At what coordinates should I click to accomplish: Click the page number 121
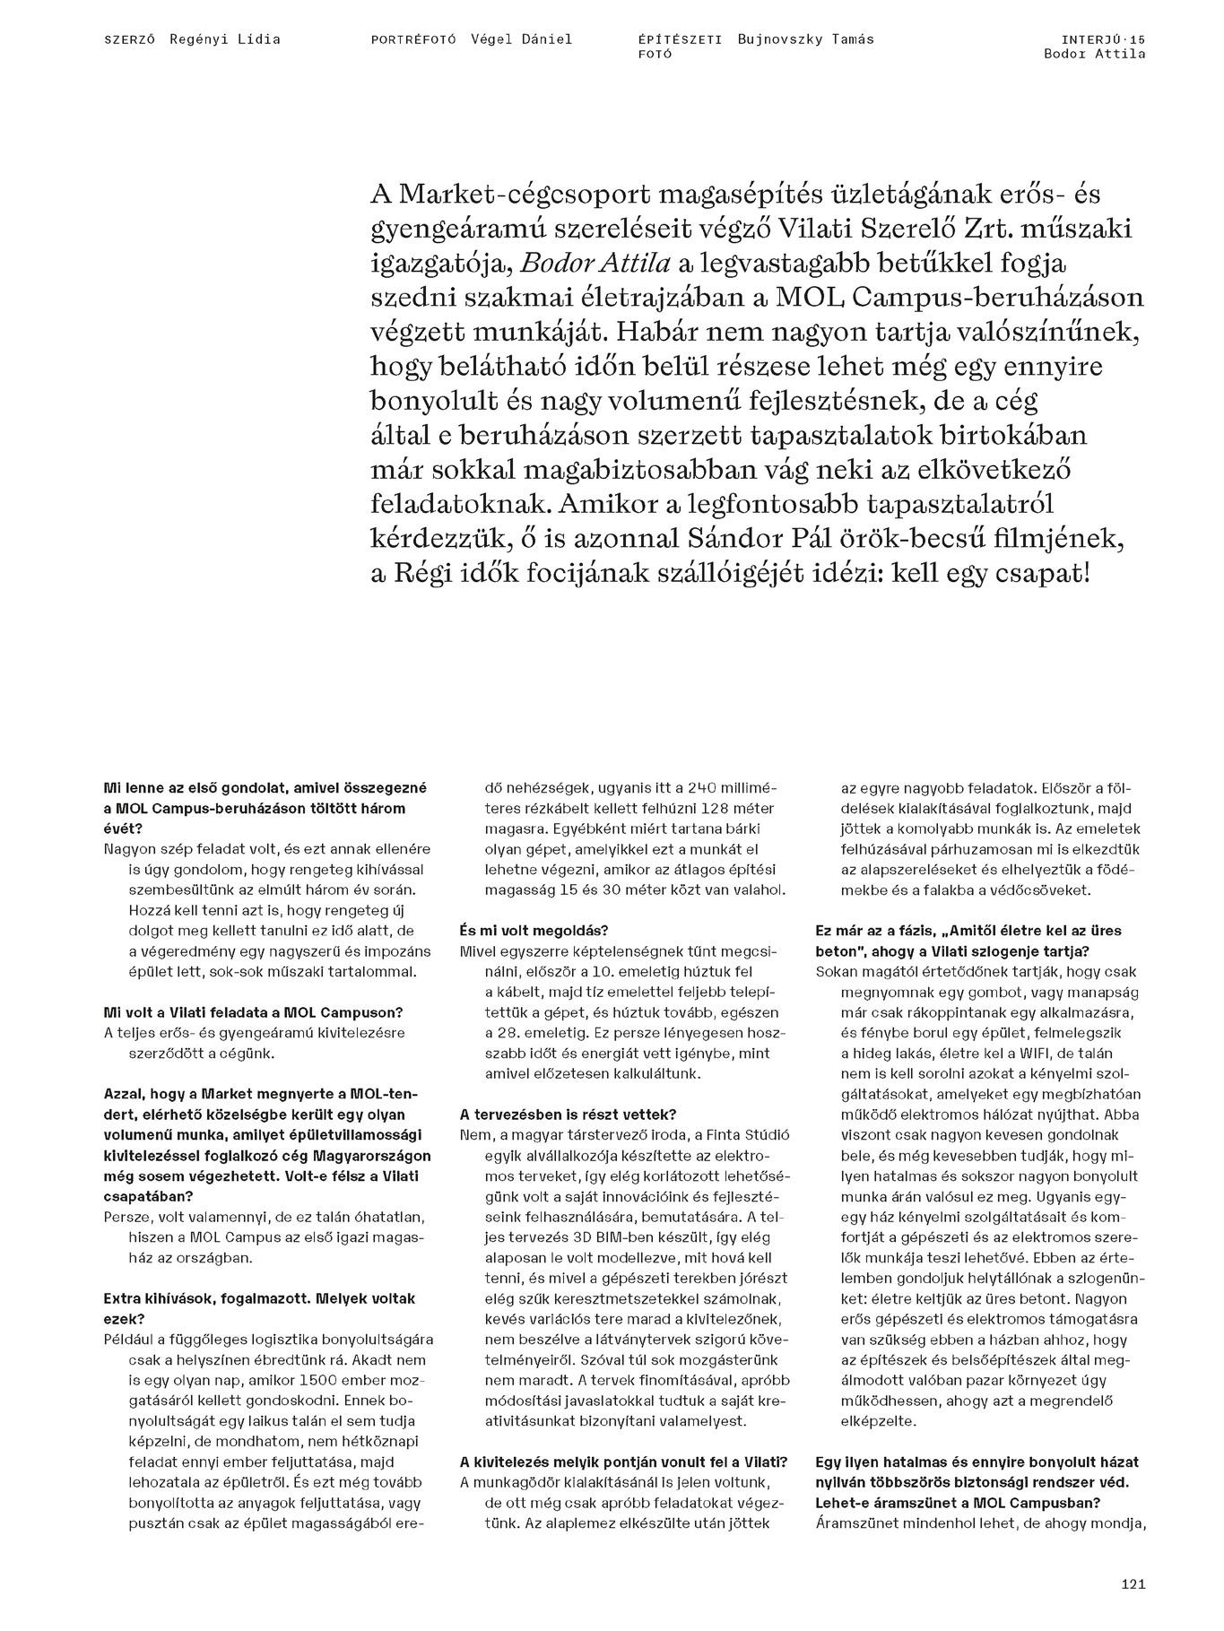pos(1133,1584)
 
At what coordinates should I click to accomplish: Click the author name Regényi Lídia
pos(225,39)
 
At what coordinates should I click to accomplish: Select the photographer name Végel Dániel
pos(522,39)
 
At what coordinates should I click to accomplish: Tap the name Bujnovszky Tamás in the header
pos(805,39)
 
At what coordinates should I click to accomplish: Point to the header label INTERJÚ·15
pos(1102,39)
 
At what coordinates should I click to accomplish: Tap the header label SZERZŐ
pos(130,39)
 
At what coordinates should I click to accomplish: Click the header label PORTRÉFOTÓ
pos(413,39)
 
